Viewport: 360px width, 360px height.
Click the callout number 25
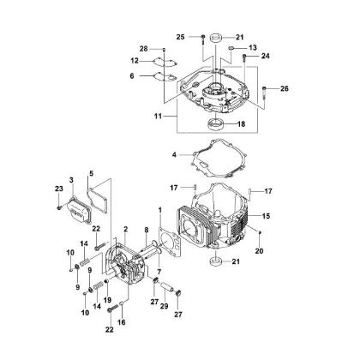(181, 37)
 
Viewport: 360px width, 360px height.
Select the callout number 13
(253, 48)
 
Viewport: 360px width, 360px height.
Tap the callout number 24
(265, 57)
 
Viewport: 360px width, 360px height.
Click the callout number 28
(144, 50)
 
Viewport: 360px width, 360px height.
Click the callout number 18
(241, 124)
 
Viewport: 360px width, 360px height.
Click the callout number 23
(59, 189)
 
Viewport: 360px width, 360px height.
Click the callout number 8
(147, 229)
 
